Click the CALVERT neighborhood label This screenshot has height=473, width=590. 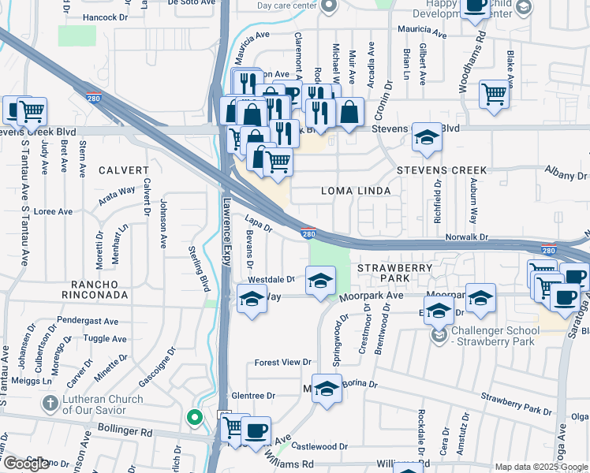tap(123, 170)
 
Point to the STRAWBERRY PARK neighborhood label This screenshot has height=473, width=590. tap(394, 273)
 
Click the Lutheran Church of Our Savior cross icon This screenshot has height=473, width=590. tap(50, 404)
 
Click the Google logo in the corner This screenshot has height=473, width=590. tap(25, 464)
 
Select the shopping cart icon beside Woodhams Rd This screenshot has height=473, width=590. tap(494, 94)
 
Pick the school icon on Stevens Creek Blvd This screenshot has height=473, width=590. tap(427, 137)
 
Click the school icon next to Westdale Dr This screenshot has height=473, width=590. tap(320, 281)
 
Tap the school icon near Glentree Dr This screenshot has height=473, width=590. tap(327, 389)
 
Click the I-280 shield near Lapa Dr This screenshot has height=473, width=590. tap(309, 233)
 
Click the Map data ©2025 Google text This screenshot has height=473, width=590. tap(540, 467)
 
